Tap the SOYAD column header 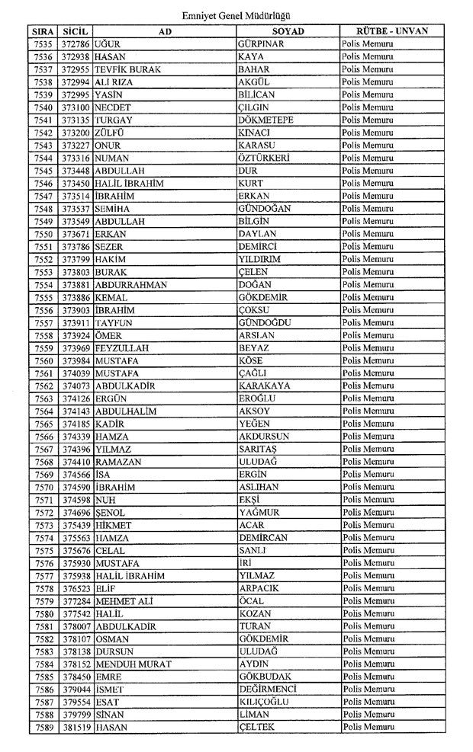287,31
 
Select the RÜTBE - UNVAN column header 392,31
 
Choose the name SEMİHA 111,208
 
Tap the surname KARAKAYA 264,386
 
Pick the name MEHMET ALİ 124,601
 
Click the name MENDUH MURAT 134,664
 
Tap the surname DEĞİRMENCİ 267,690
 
